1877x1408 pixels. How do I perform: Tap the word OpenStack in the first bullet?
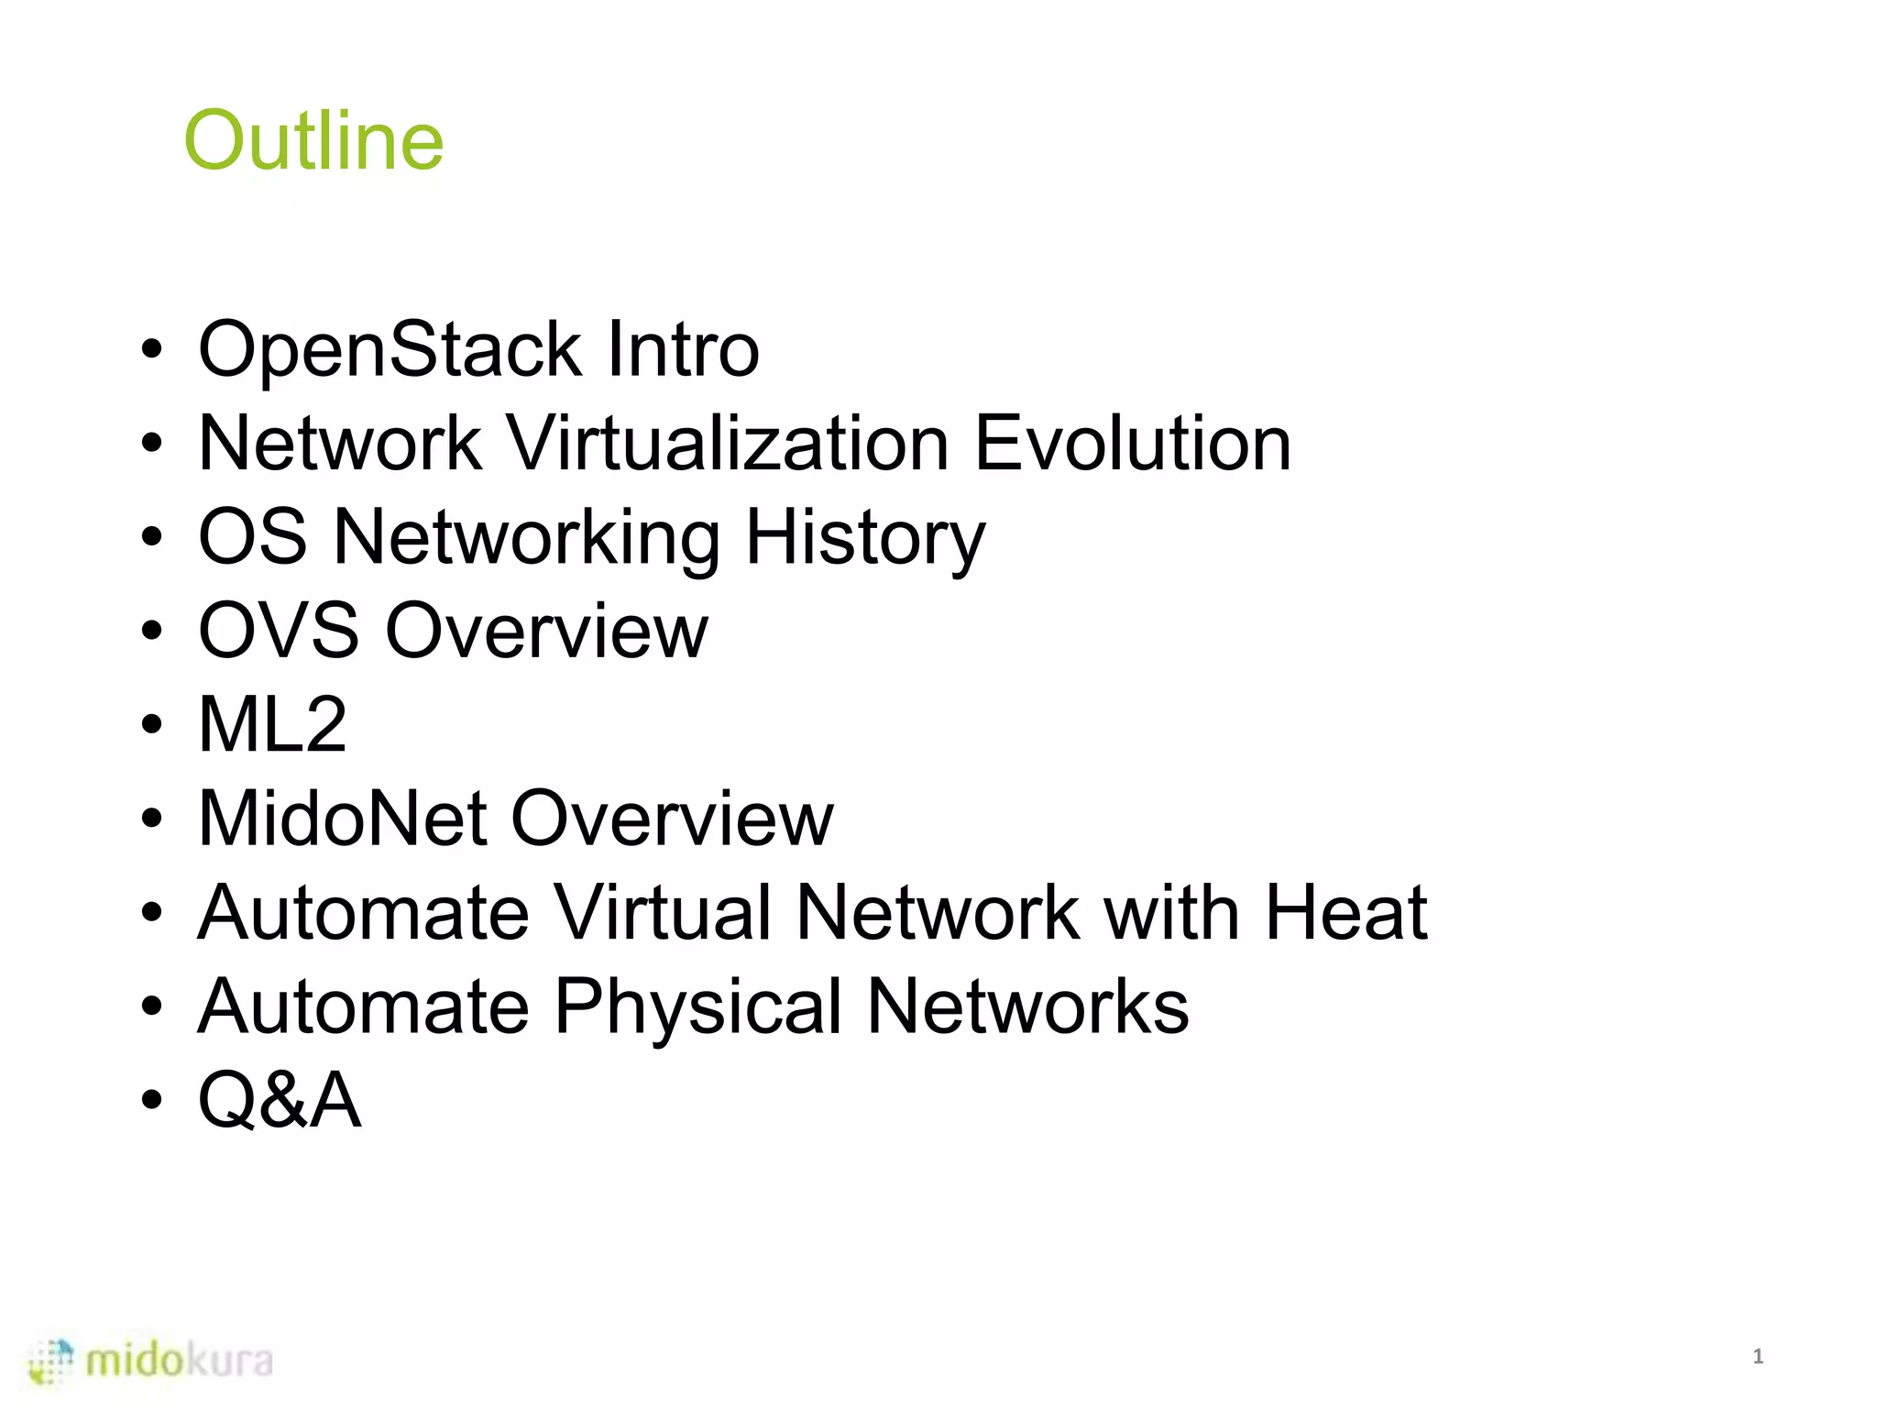coord(390,349)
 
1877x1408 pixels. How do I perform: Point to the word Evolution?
coord(1132,444)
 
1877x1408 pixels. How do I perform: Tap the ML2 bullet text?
coord(272,725)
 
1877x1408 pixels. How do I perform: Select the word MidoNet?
coord(342,819)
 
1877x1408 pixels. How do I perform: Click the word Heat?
coord(1345,913)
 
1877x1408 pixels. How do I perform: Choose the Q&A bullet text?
coord(280,1100)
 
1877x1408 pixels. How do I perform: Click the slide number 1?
coord(1757,1357)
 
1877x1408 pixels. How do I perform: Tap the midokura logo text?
coord(180,1361)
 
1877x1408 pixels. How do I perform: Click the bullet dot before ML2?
coord(152,726)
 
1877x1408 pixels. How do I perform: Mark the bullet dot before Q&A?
coord(152,1100)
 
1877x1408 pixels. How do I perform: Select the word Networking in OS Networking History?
coord(527,539)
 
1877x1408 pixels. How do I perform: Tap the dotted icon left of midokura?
coord(51,1361)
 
